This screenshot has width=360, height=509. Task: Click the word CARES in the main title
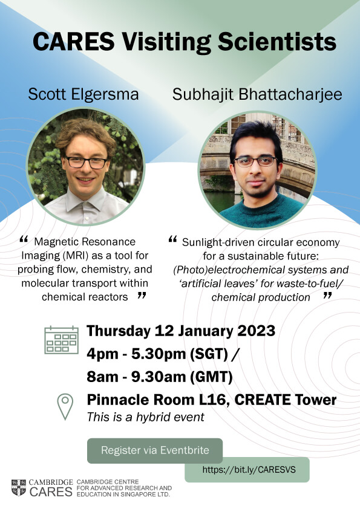(73, 42)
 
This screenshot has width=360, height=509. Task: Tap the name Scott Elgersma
(83, 94)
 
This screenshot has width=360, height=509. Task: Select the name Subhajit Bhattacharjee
(257, 94)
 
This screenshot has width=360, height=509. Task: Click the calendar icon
(61, 340)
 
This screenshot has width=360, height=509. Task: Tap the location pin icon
(65, 406)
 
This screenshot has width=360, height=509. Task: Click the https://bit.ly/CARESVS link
(249, 470)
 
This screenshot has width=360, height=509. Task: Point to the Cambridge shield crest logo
(19, 487)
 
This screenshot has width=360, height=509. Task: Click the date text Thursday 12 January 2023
(181, 331)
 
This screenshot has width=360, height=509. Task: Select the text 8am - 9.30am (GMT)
(160, 377)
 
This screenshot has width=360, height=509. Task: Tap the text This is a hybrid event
(146, 417)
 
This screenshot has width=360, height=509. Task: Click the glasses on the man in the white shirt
(87, 162)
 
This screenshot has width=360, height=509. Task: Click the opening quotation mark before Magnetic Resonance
(24, 239)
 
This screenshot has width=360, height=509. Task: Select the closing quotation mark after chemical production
(327, 295)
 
